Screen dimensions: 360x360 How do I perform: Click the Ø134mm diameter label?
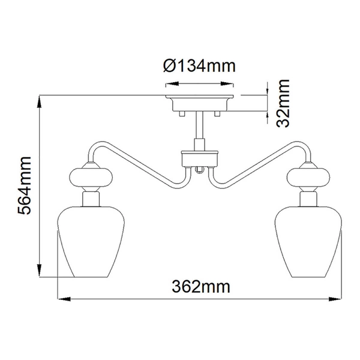tap(199, 67)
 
